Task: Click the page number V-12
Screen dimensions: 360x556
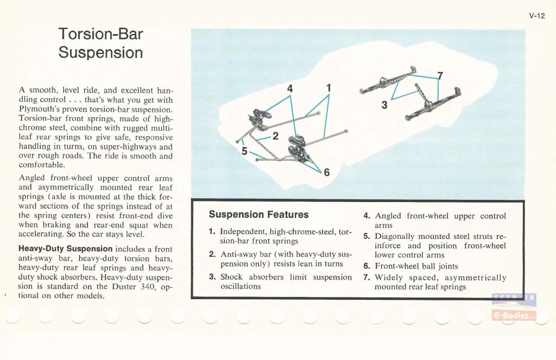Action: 536,16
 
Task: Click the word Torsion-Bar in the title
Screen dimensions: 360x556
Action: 101,34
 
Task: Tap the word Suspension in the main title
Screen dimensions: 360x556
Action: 101,53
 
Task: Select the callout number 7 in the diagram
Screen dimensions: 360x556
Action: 440,77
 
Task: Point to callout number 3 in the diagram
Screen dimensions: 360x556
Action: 384,105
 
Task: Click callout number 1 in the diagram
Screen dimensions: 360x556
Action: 328,87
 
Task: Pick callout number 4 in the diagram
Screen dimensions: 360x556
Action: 290,88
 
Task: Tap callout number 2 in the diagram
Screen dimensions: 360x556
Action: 275,136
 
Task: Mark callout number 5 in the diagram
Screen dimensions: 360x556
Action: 244,151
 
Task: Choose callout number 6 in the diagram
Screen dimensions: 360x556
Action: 326,173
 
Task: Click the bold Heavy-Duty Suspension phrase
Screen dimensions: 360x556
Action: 66,249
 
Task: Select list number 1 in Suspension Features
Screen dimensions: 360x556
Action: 211,232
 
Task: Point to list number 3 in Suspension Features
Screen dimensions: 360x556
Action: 212,277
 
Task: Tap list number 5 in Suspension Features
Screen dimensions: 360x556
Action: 367,236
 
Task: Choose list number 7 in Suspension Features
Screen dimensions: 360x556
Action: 367,277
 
